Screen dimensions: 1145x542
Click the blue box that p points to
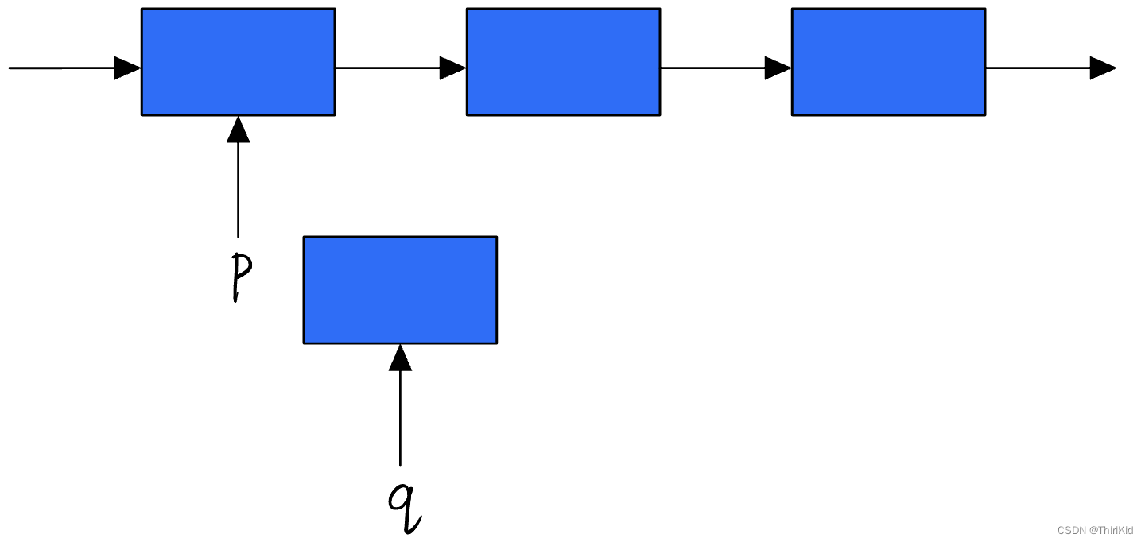[239, 62]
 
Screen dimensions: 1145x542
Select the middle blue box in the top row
[563, 62]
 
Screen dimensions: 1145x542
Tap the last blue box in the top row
[888, 62]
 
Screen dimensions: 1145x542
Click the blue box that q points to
[400, 290]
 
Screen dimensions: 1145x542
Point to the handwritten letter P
[241, 277]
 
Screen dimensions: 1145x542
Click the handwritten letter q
[405, 508]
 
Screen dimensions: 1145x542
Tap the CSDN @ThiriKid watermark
[1095, 530]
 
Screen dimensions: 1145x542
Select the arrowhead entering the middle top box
[453, 68]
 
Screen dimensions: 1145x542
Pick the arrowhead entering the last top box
[778, 68]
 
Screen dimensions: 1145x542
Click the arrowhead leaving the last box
[1103, 68]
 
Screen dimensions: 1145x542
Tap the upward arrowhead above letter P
[239, 130]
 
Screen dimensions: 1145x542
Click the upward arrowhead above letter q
[400, 358]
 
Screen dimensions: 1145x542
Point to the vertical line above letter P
[239, 190]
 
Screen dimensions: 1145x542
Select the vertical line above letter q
[400, 418]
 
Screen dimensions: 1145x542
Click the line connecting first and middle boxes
[387, 68]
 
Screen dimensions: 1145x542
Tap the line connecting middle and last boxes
[712, 68]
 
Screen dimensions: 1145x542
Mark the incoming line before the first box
[62, 68]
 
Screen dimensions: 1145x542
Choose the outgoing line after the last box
[1038, 68]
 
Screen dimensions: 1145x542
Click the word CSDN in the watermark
[1071, 530]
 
